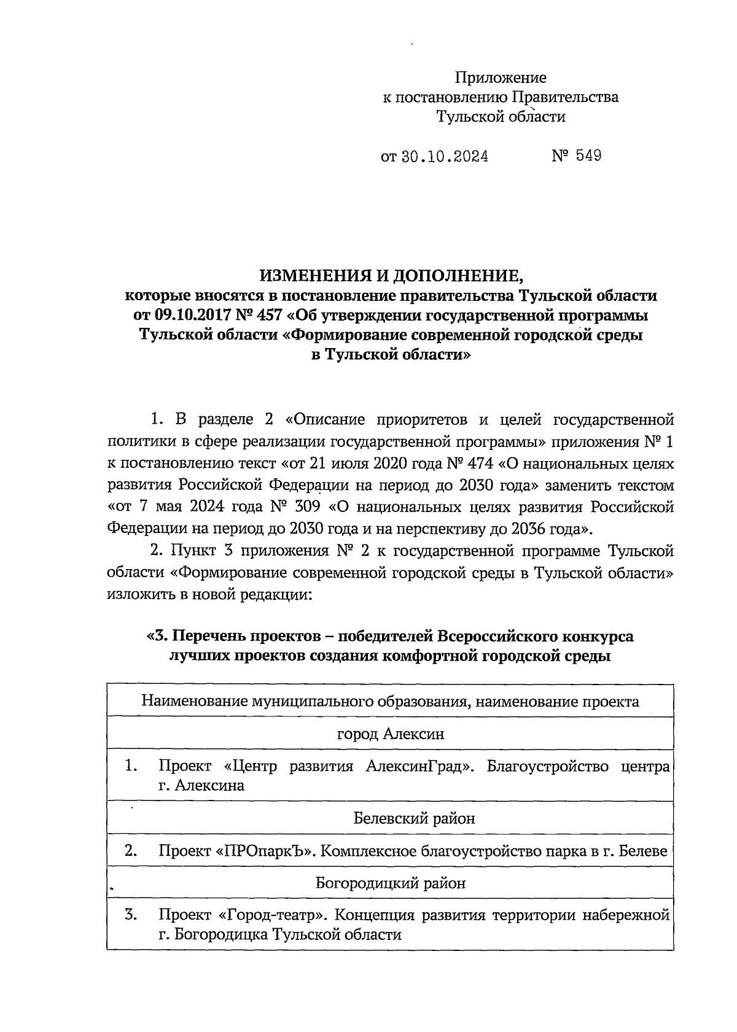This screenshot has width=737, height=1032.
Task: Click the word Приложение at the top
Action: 500,78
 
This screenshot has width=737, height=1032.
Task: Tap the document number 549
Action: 588,155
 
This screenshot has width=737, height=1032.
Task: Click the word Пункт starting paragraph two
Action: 196,551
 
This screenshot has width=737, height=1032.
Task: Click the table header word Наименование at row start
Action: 194,701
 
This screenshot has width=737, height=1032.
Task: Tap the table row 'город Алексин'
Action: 391,734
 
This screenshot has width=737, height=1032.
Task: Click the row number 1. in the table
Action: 130,766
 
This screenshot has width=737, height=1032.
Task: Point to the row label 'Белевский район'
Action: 414,818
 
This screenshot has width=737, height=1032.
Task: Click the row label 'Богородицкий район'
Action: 391,883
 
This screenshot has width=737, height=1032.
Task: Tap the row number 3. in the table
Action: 130,915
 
